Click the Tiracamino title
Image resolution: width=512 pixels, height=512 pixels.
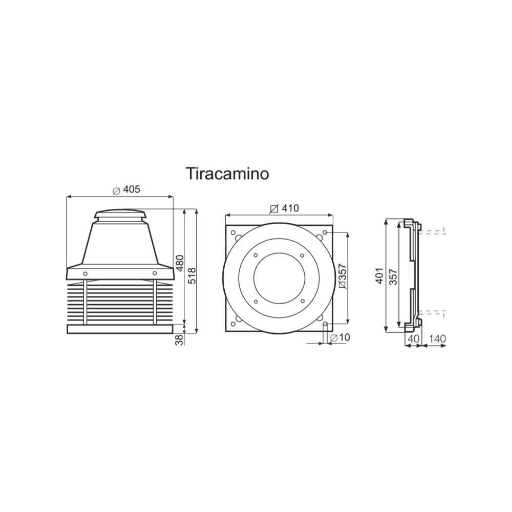click(227, 174)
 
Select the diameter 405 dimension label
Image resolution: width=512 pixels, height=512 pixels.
click(126, 189)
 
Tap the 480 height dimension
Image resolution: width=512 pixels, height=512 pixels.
click(180, 263)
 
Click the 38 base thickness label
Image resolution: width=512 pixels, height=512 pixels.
click(180, 339)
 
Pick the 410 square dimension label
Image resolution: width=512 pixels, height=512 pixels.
click(284, 208)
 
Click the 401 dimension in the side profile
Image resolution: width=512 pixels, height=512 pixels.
click(379, 275)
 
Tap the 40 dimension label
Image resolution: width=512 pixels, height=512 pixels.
click(413, 338)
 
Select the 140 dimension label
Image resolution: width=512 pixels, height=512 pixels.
click(437, 338)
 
